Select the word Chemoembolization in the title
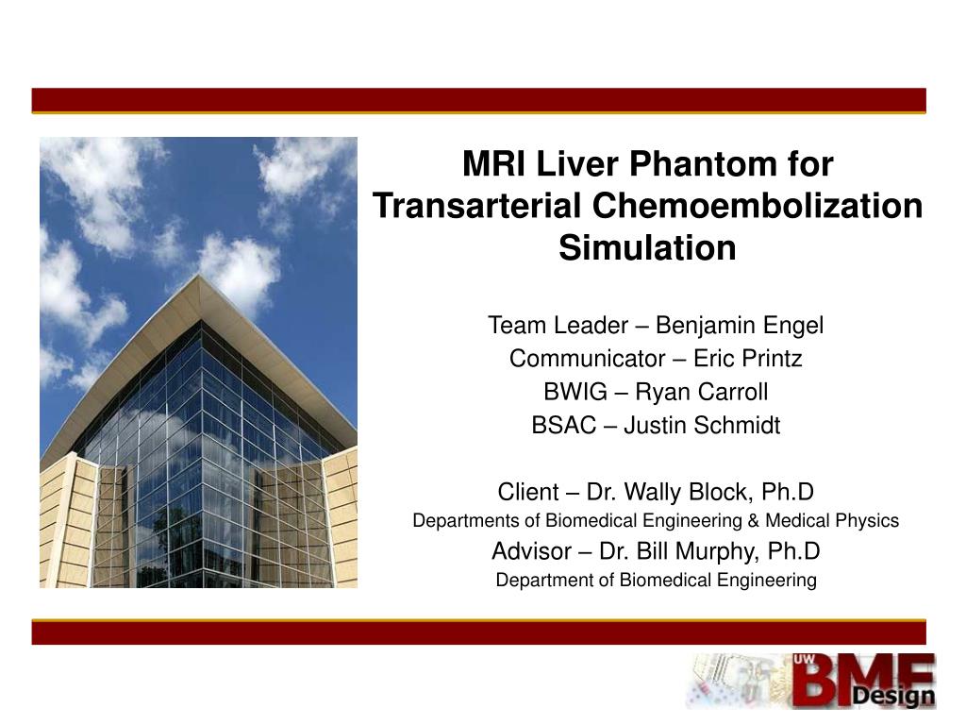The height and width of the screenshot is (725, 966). coord(758,206)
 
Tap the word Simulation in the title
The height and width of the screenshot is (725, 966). coord(647,247)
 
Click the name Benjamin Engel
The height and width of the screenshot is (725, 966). coord(740,326)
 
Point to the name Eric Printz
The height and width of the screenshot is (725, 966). coord(748,359)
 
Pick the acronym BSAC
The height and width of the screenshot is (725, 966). coord(564,426)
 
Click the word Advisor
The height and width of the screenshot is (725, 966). coord(531,551)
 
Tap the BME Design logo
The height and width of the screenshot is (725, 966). coord(811,681)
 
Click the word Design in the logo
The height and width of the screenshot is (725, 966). coord(892,697)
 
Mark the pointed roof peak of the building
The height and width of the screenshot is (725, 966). coord(199,277)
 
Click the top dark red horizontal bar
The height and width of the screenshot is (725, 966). coord(478,100)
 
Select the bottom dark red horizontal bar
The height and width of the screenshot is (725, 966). coord(478,632)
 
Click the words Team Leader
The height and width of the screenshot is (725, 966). coord(557,326)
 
